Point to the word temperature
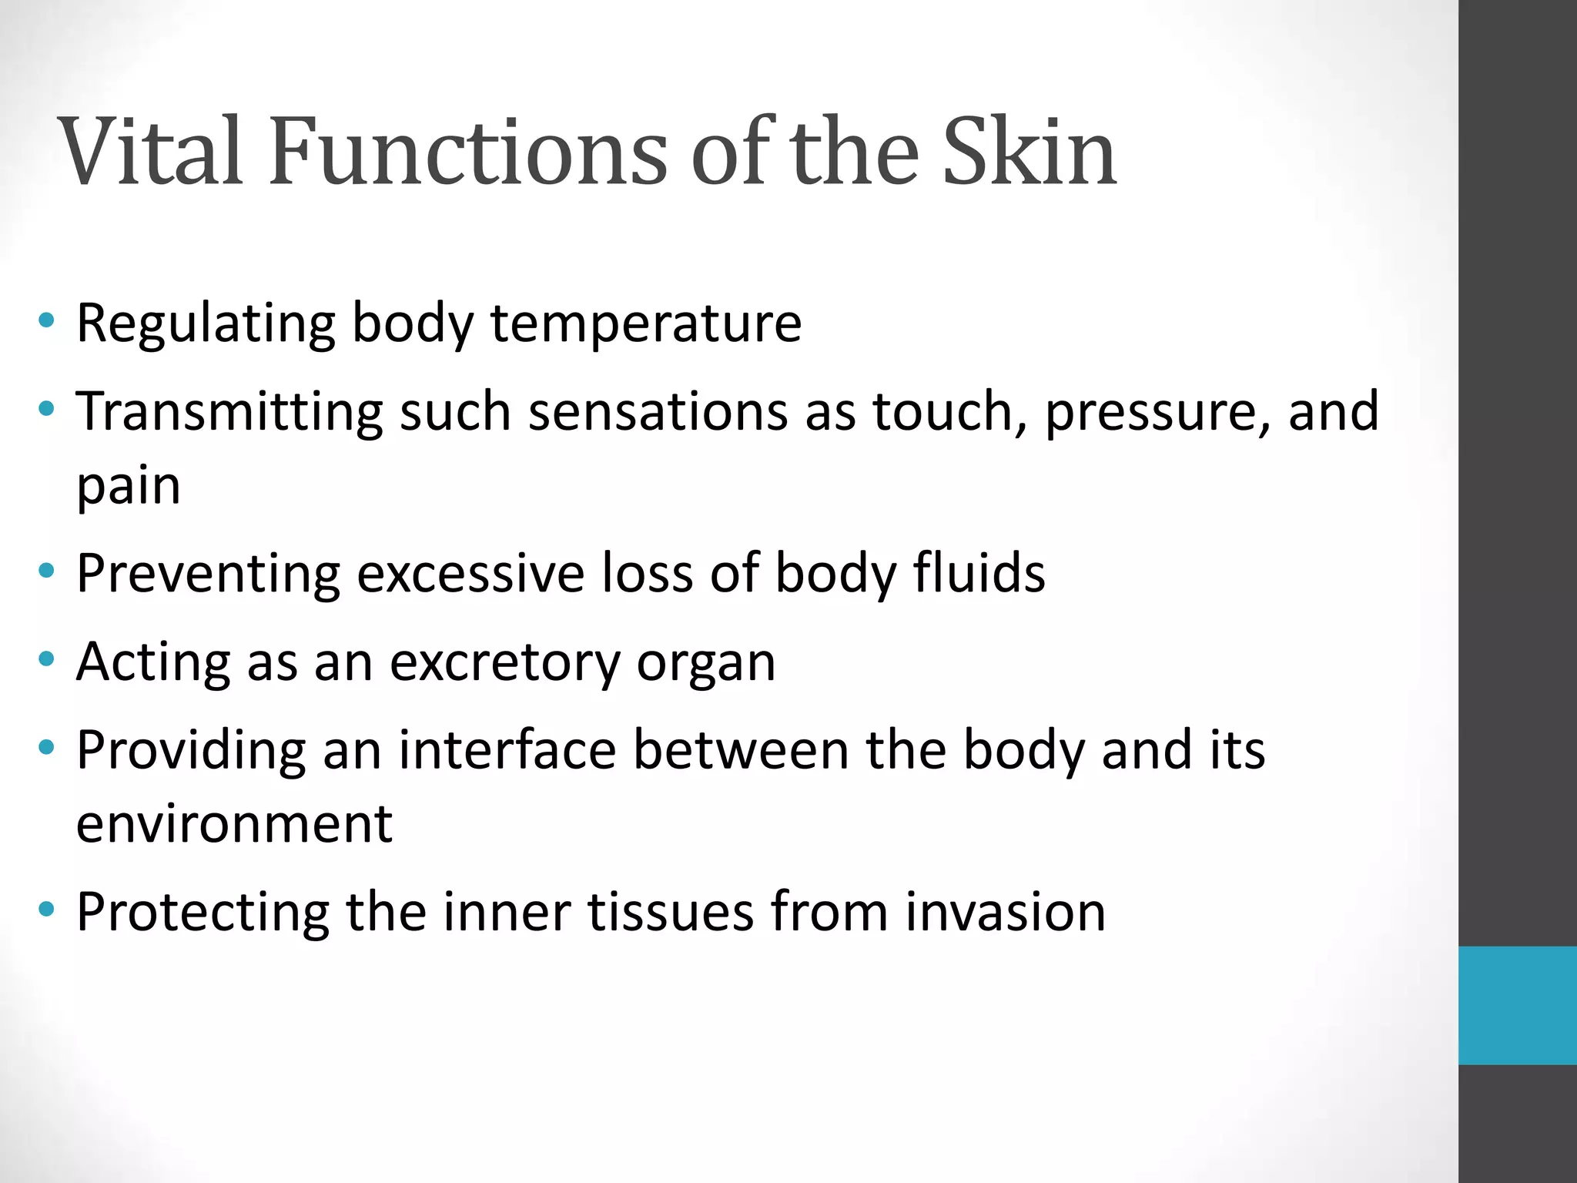[646, 323]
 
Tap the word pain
[129, 487]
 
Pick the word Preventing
[208, 574]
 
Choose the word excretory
[504, 662]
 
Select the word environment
[234, 823]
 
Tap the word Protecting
[203, 913]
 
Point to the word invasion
[1005, 912]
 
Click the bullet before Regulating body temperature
[47, 320]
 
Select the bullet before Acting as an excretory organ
[47, 659]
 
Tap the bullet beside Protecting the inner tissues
[47, 909]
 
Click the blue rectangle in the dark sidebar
[1517, 1005]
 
